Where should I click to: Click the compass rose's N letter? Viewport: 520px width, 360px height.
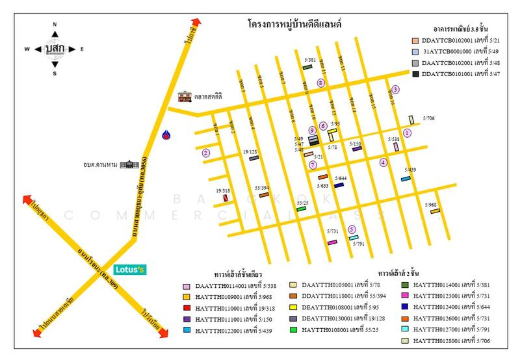pos(55,25)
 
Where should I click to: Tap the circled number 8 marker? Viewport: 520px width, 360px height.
pos(320,83)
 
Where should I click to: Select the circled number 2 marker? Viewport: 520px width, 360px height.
pos(206,153)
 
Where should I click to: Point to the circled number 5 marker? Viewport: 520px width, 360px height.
pos(352,229)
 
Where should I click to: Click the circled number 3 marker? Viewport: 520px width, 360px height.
pos(395,90)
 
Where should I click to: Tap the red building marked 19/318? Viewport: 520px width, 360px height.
pos(225,198)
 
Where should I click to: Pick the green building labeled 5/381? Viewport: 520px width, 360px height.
pos(308,67)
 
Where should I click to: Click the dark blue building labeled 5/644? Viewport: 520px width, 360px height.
pos(339,185)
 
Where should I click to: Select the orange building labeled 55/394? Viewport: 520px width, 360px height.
pos(263,195)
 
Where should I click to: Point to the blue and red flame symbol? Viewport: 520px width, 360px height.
pos(168,135)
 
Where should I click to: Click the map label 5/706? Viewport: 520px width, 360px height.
pos(429,118)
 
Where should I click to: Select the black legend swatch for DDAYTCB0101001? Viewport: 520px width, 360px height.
pos(415,74)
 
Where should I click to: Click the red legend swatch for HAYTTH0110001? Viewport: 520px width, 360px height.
pos(187,309)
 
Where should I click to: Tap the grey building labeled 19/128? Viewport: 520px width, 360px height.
pos(253,159)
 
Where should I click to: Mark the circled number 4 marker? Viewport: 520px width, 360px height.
pos(383,162)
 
